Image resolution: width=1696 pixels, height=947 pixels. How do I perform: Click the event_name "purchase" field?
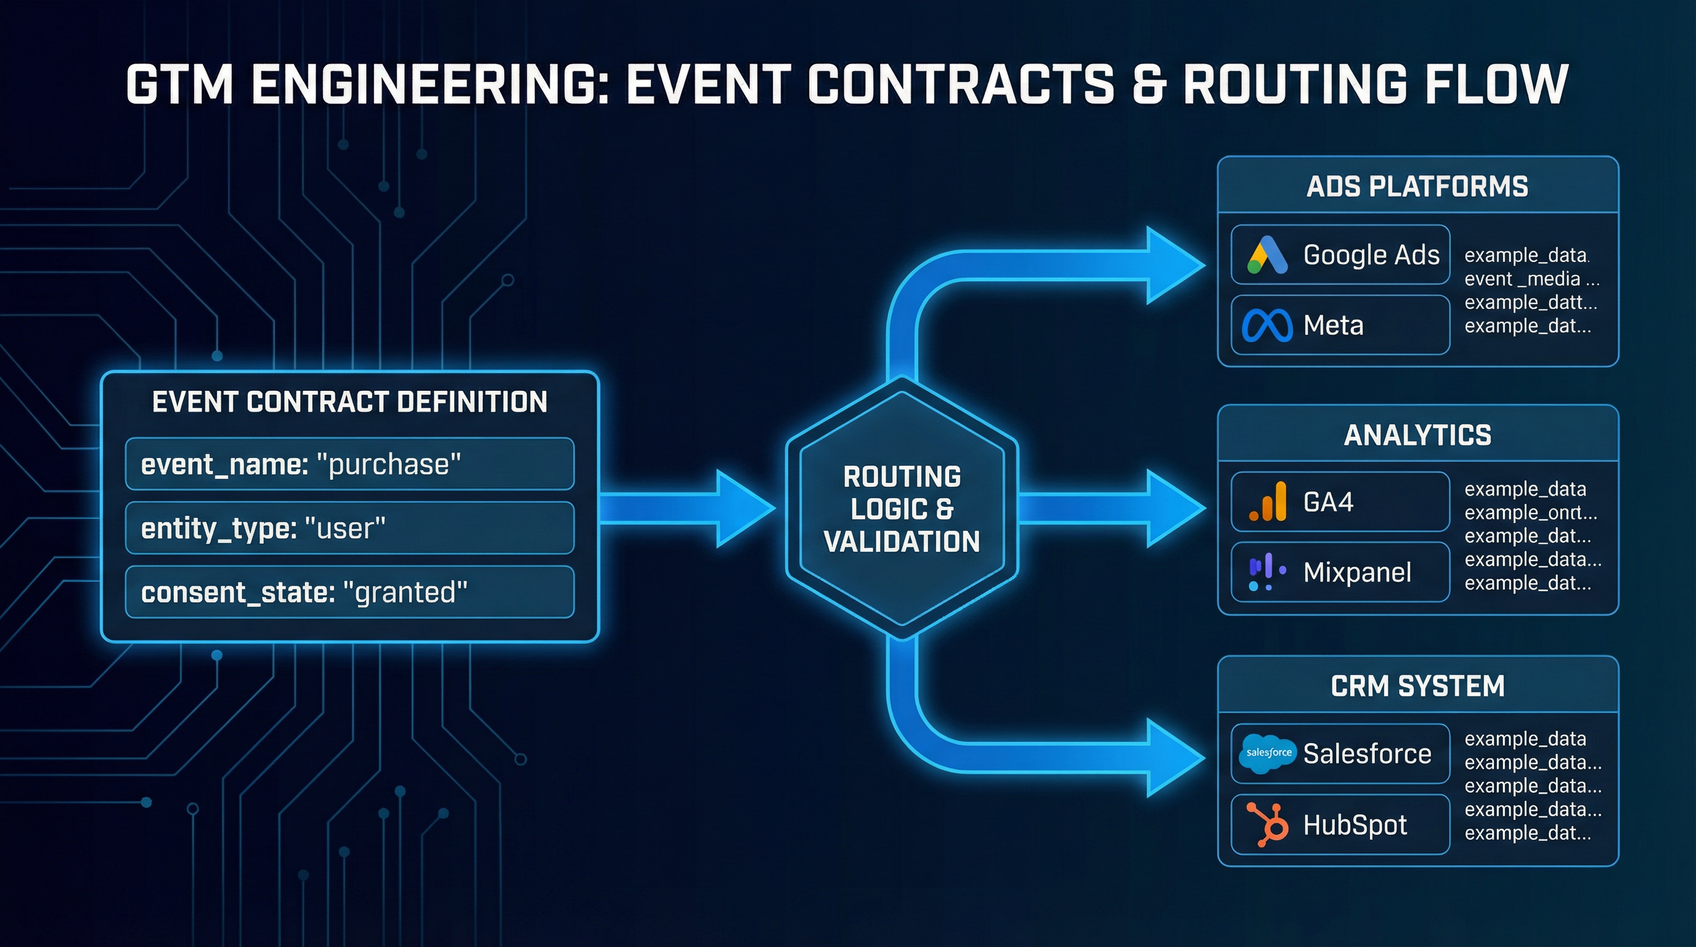coord(349,464)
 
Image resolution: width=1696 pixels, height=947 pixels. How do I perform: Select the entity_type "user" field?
coord(349,528)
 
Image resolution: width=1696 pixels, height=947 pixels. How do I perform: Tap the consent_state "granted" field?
coord(349,592)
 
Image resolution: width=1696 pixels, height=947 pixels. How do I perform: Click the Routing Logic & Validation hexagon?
coord(902,509)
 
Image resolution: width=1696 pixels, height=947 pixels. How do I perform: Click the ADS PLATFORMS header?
coord(1417,186)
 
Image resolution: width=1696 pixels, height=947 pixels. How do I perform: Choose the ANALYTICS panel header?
coord(1417,435)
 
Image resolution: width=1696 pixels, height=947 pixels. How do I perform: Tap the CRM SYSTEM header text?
coord(1417,686)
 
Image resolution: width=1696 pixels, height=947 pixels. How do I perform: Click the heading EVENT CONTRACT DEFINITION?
coord(349,402)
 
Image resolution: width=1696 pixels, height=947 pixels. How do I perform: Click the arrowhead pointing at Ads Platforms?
coord(1175,265)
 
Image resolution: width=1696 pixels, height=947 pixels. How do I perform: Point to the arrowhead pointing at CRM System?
coord(1175,758)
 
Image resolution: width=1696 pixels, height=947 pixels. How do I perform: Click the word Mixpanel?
coord(1357,572)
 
